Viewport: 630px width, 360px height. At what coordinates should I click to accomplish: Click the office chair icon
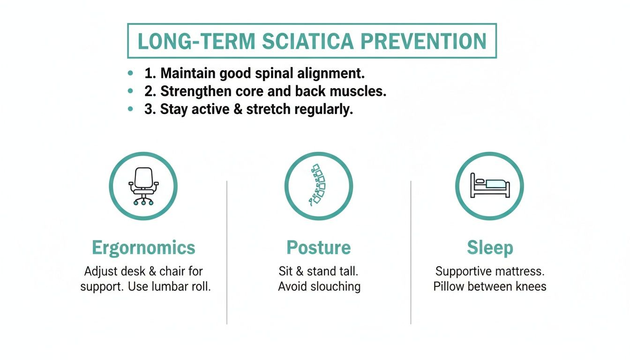point(143,186)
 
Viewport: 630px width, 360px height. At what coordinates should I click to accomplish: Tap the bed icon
point(489,186)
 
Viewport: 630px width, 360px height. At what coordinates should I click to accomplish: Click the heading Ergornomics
point(143,247)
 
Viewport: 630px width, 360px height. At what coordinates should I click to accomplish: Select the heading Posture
point(318,247)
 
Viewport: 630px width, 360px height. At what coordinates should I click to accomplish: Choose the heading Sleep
point(490,247)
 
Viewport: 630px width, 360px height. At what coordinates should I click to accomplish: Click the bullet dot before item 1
point(130,74)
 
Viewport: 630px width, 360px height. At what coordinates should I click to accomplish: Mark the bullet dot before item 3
point(130,109)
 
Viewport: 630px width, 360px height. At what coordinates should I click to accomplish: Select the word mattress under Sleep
point(518,271)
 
